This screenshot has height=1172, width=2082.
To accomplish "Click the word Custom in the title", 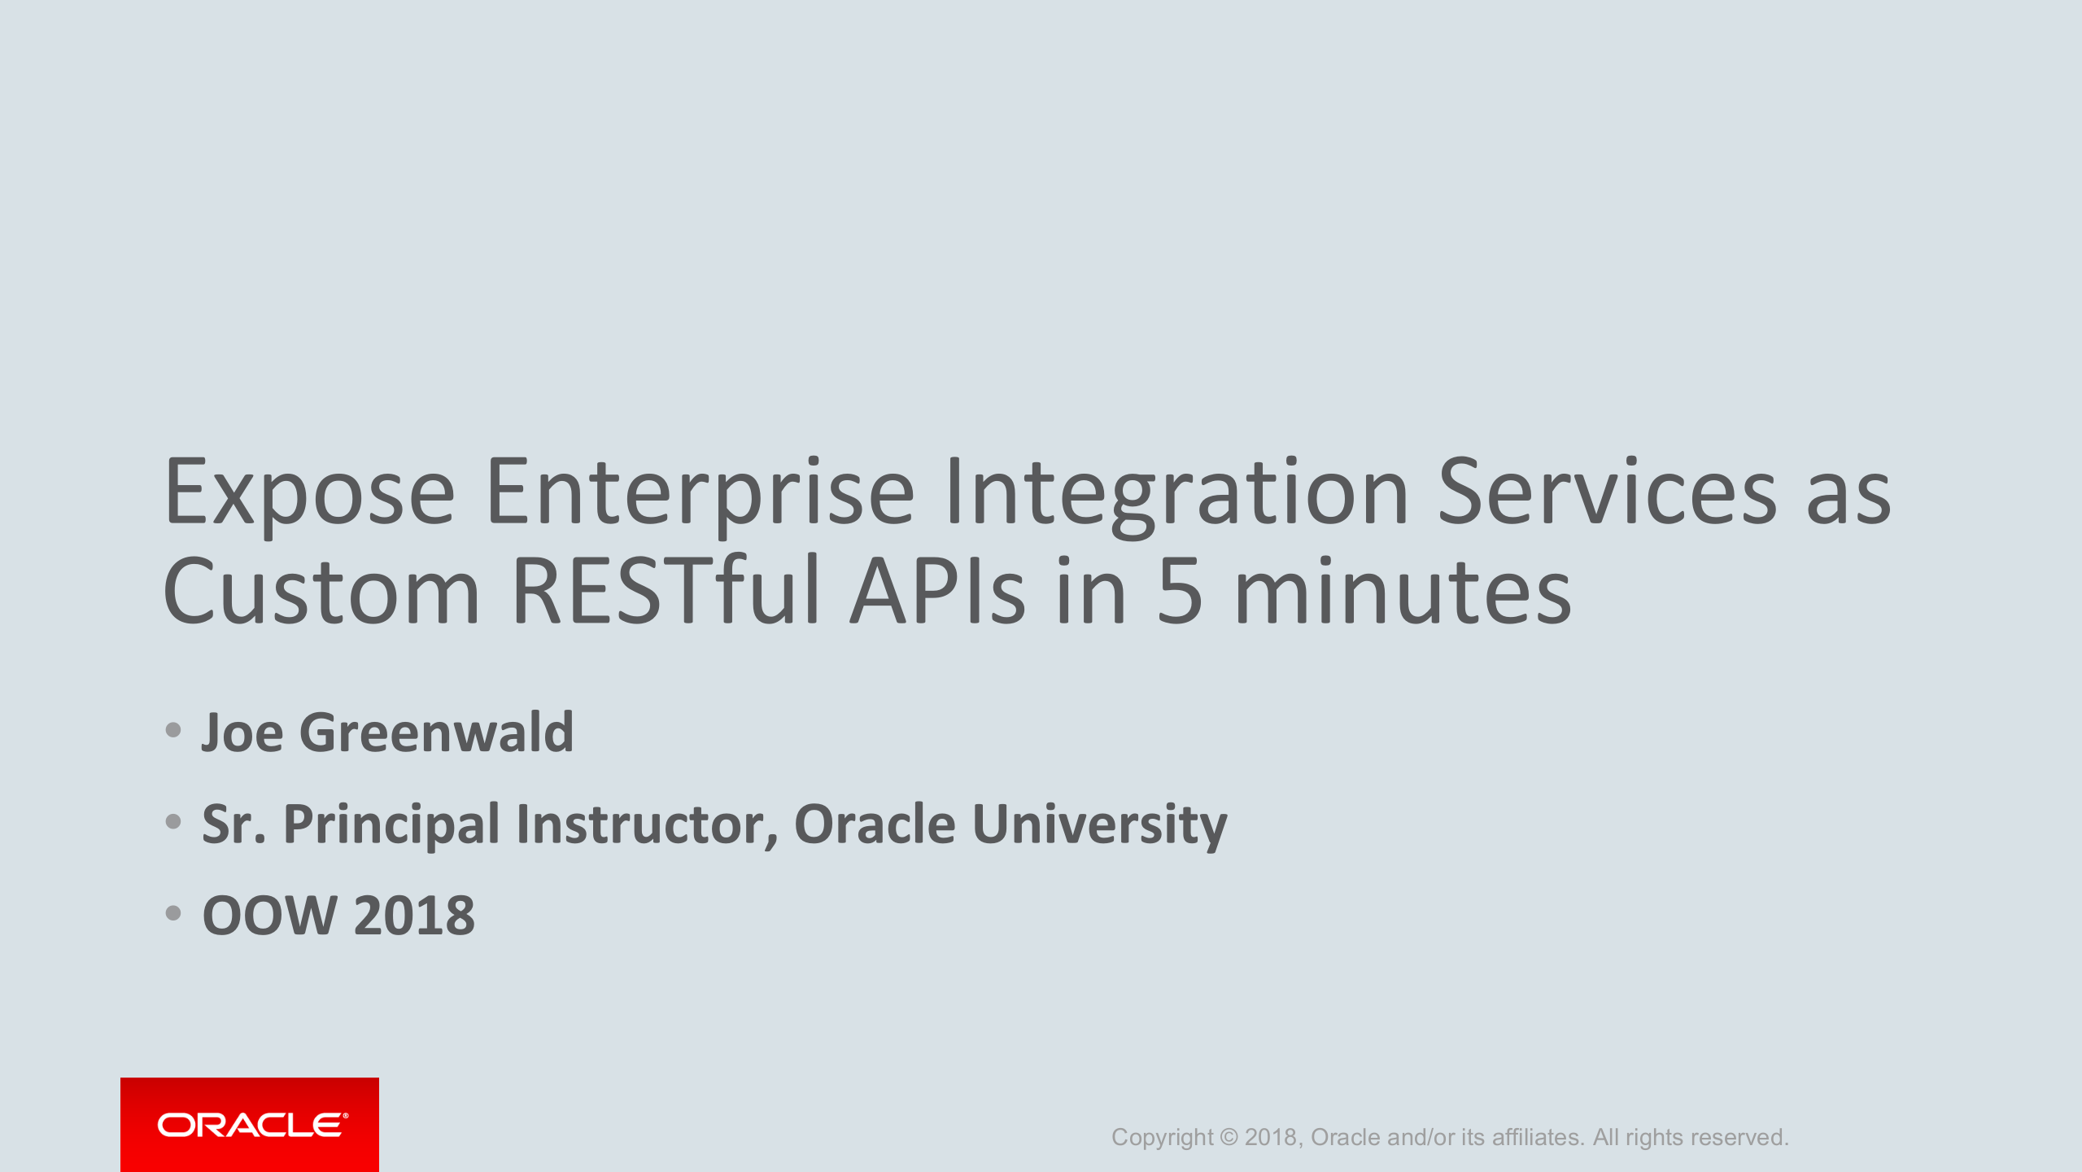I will pyautogui.click(x=321, y=592).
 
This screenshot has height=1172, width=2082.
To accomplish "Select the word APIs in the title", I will pyautogui.click(x=936, y=592).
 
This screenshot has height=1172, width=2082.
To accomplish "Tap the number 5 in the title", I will pyautogui.click(x=1179, y=592).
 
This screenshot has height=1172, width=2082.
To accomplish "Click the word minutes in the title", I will pyautogui.click(x=1403, y=592).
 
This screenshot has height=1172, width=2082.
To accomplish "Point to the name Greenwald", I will pyautogui.click(x=437, y=732).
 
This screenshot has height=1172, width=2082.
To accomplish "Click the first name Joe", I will pyautogui.click(x=242, y=732).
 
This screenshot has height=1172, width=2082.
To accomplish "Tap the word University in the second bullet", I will pyautogui.click(x=1099, y=824).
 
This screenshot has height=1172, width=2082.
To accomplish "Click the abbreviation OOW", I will pyautogui.click(x=269, y=916).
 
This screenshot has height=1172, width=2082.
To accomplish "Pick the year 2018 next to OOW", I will pyautogui.click(x=414, y=916).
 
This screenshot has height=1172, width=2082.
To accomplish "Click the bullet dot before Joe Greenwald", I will pyautogui.click(x=172, y=730).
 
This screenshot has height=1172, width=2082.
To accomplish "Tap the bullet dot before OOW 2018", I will pyautogui.click(x=172, y=913).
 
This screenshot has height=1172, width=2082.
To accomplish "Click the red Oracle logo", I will pyautogui.click(x=250, y=1125).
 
